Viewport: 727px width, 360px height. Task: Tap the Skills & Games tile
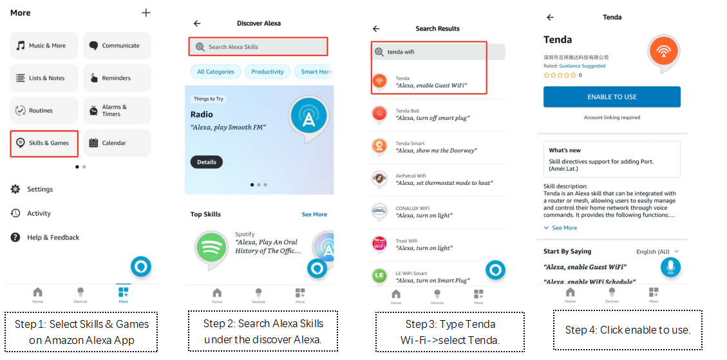point(44,144)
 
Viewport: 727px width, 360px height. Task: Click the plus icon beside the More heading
point(146,13)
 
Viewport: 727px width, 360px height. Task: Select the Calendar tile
point(117,143)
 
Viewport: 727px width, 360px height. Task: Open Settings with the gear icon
point(15,189)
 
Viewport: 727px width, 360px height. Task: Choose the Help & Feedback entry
point(45,238)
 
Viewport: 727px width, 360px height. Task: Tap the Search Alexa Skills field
point(258,47)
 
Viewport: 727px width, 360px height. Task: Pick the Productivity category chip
point(267,72)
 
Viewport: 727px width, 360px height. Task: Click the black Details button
point(206,162)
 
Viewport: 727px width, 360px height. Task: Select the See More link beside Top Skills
point(314,214)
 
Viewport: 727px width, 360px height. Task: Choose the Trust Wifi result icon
point(380,245)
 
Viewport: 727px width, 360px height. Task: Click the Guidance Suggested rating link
point(582,66)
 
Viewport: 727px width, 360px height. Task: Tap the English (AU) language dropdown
point(657,251)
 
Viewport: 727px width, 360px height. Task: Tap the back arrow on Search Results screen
point(376,29)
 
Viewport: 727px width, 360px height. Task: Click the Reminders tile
point(117,78)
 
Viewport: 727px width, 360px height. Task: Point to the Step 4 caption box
point(627,330)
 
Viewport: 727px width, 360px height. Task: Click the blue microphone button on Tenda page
point(670,267)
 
